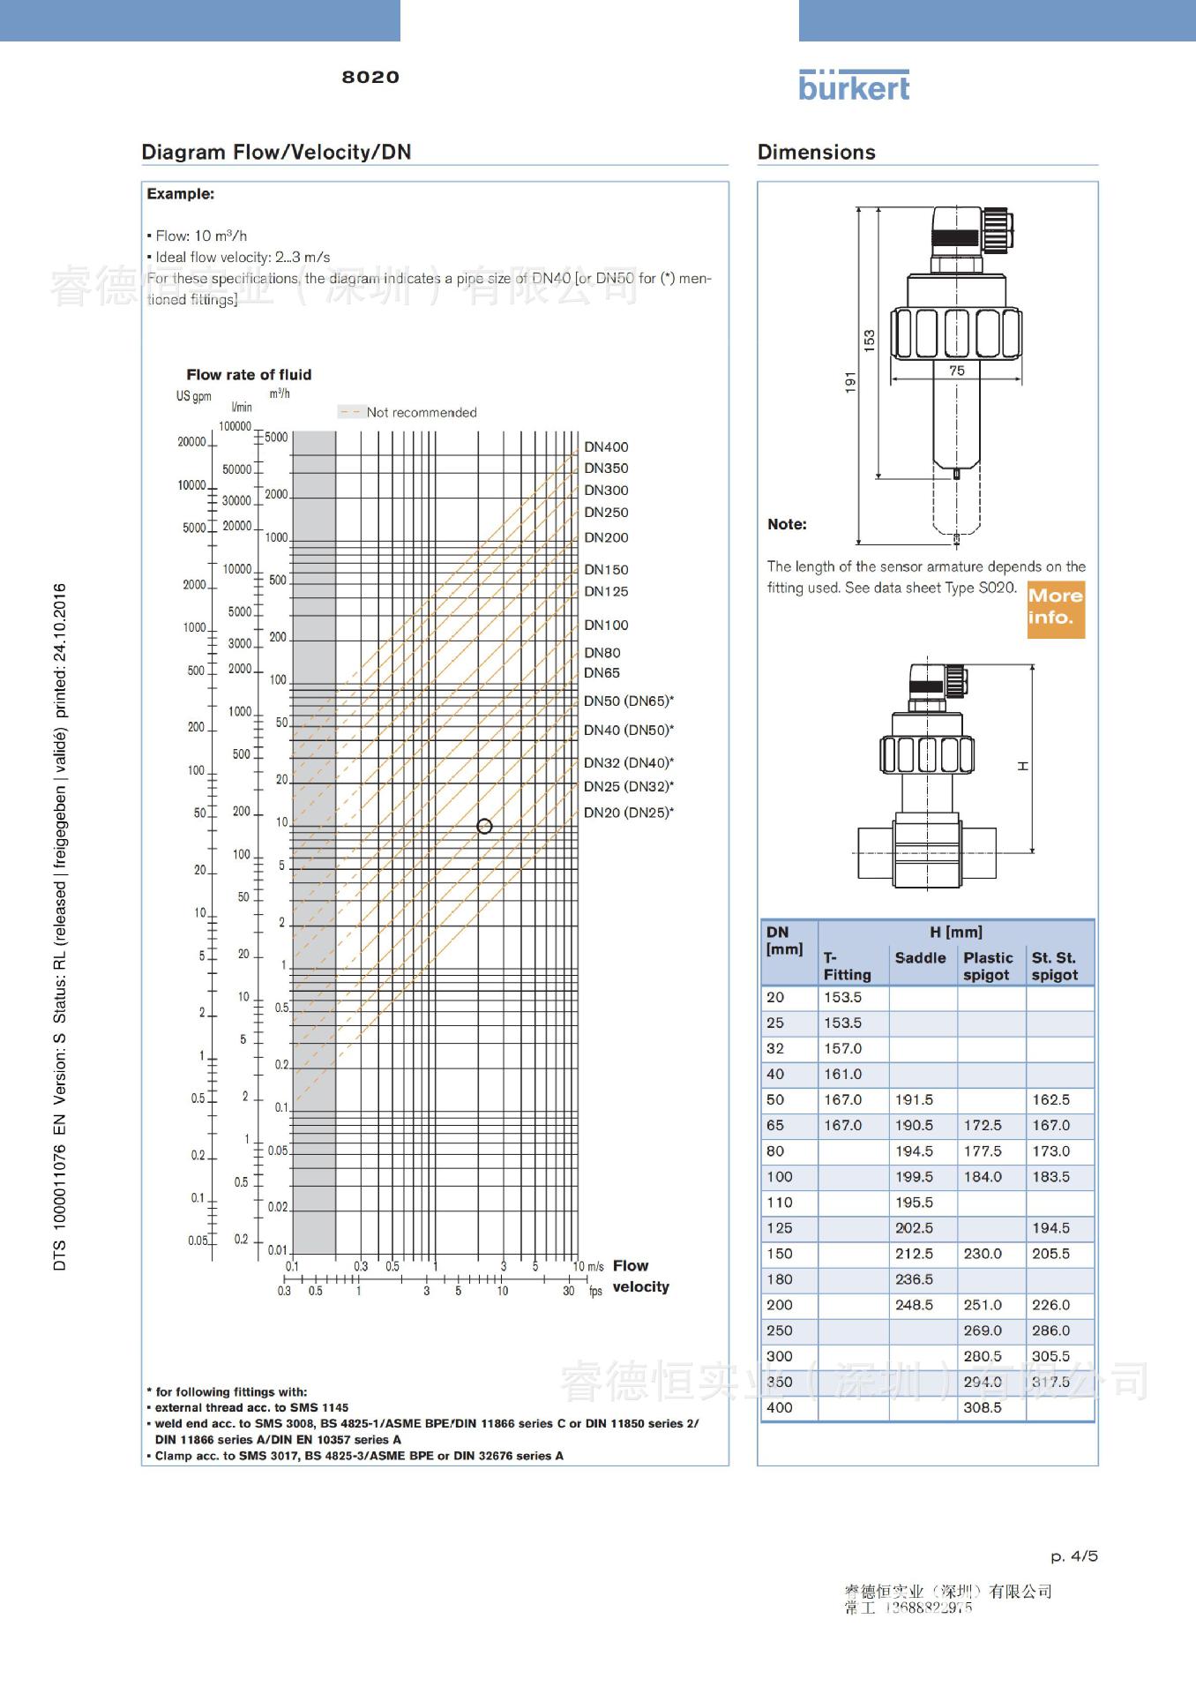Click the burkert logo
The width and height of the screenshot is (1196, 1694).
tap(853, 86)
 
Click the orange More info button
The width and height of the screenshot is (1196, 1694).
tap(1055, 608)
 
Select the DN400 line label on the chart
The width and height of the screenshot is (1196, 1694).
tap(606, 447)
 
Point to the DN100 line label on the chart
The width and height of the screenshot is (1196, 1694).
tap(606, 626)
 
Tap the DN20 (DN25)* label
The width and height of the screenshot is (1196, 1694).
tap(628, 813)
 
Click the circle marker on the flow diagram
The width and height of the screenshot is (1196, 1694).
tap(484, 827)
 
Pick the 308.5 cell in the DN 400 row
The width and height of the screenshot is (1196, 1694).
tap(983, 1408)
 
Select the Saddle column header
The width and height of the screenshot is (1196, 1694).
tap(920, 958)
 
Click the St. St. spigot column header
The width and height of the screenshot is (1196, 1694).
tap(1055, 966)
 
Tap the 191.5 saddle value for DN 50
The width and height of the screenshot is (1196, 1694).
tap(914, 1100)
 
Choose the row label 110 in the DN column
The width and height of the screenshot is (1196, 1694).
tap(780, 1203)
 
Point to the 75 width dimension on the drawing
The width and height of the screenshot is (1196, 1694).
tap(957, 371)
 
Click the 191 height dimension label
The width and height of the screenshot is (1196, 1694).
tap(851, 382)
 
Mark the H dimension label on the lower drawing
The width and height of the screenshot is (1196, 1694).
tap(1023, 766)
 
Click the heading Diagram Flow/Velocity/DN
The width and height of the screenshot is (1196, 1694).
tap(276, 152)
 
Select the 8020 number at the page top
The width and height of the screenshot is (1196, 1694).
tap(370, 78)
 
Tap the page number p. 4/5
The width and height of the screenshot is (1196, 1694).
tap(1073, 1556)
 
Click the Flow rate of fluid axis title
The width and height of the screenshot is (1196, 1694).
tap(249, 375)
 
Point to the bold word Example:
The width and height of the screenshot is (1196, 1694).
tap(180, 194)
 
